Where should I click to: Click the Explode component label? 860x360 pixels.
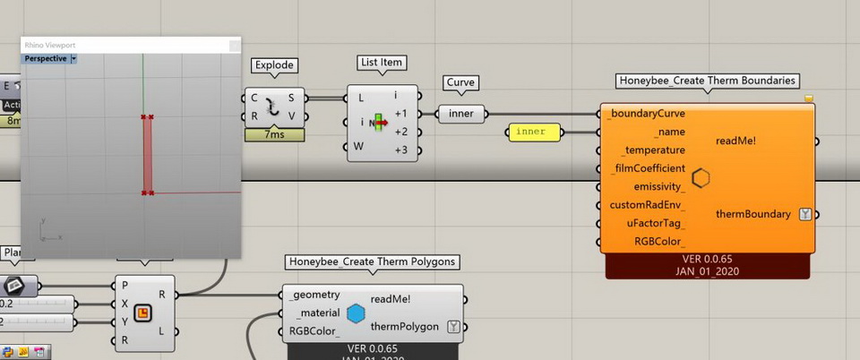click(x=274, y=65)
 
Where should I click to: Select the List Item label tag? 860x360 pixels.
click(x=381, y=63)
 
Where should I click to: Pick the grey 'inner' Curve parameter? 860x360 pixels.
click(x=461, y=114)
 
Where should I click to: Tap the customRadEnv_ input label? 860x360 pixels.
click(x=648, y=205)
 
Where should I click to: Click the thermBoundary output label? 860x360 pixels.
click(x=753, y=214)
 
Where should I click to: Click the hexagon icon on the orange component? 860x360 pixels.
click(x=701, y=177)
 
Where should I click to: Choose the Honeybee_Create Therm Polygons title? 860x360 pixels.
click(x=372, y=262)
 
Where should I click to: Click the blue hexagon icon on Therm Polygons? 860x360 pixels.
click(x=356, y=313)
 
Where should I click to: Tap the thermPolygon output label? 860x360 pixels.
click(x=404, y=327)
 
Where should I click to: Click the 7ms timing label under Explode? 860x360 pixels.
click(x=274, y=134)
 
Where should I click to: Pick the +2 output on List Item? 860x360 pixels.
click(x=400, y=132)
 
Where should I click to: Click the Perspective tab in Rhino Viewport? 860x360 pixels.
click(x=46, y=58)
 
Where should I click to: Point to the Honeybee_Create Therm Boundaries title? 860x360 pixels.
click(x=708, y=81)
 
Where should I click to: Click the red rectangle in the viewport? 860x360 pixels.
click(x=148, y=154)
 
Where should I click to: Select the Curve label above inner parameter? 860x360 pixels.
click(x=460, y=82)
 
